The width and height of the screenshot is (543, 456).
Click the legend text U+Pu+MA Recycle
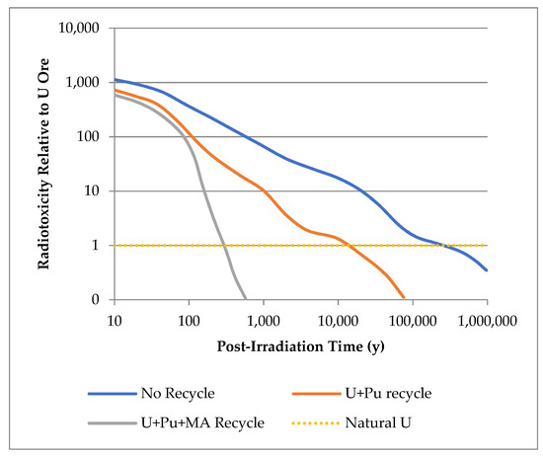[x=203, y=423]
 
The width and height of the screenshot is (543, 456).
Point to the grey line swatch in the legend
[x=111, y=423]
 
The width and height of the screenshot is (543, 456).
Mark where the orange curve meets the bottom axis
[x=404, y=298]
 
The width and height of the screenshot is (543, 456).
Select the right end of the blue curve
[x=488, y=270]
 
